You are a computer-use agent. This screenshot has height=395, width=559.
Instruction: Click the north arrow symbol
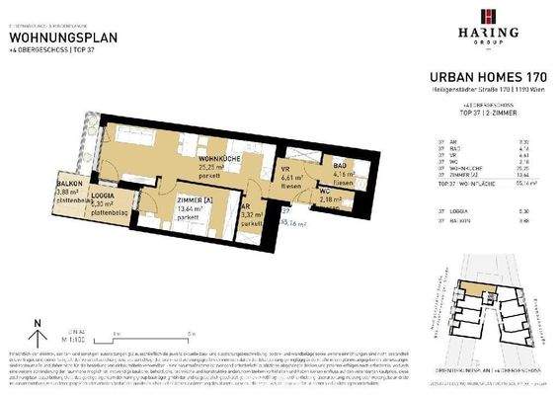pyautogui.click(x=36, y=324)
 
